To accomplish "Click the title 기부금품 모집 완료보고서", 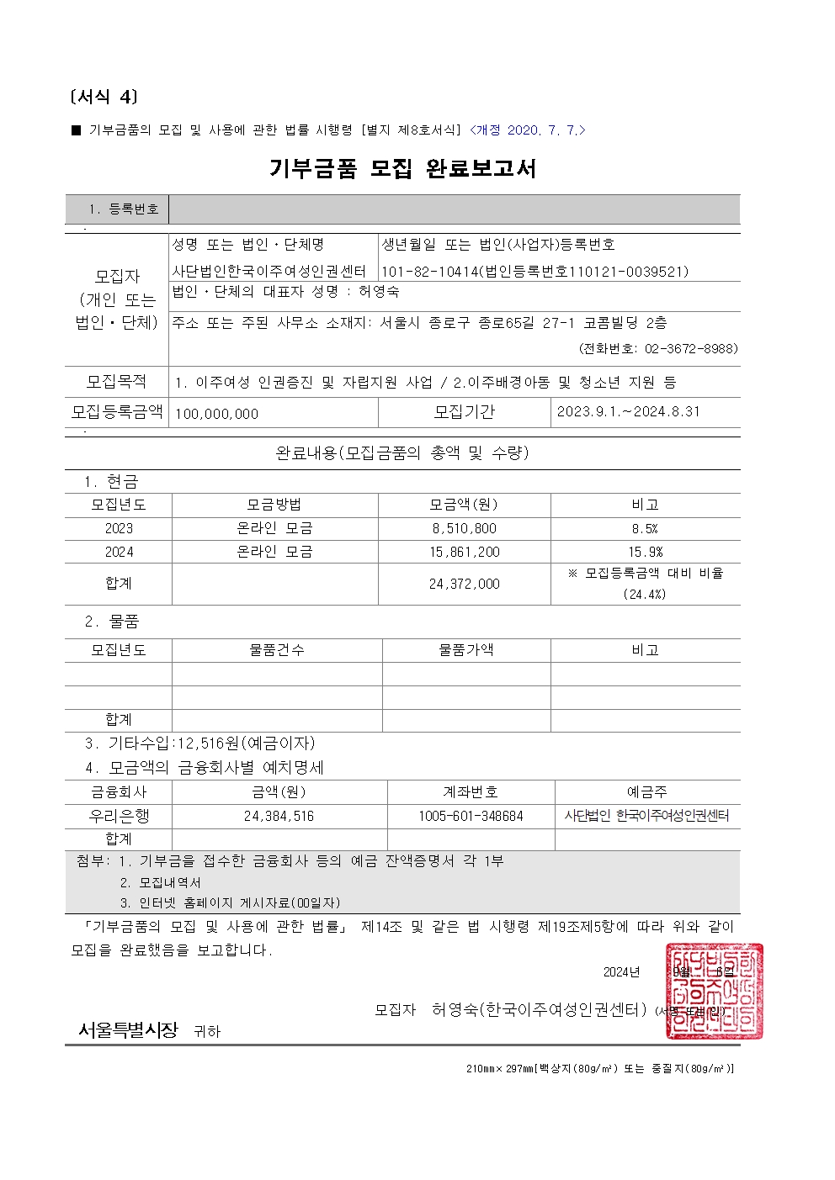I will pyautogui.click(x=402, y=169).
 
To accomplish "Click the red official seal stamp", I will pyautogui.click(x=714, y=991).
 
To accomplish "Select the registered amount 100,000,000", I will pyautogui.click(x=217, y=414).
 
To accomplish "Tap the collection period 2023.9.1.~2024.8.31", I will pyautogui.click(x=628, y=412).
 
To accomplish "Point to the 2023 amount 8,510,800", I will pyautogui.click(x=464, y=529).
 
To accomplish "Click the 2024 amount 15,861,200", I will pyautogui.click(x=464, y=553).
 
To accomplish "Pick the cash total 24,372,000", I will pyautogui.click(x=464, y=584).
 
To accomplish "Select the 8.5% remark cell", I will pyautogui.click(x=645, y=529).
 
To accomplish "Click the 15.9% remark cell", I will pyautogui.click(x=645, y=553).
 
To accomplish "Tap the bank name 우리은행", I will pyautogui.click(x=119, y=816).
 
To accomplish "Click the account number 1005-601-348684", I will pyautogui.click(x=471, y=816).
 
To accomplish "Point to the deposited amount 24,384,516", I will pyautogui.click(x=279, y=816).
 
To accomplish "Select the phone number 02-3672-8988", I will pyautogui.click(x=691, y=348).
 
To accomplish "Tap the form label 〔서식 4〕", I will pyautogui.click(x=103, y=98).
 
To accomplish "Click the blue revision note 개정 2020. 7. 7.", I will pyautogui.click(x=528, y=130).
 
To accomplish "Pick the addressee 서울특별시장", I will pyautogui.click(x=128, y=1029).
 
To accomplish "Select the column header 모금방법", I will pyautogui.click(x=274, y=505).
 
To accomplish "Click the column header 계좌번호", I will pyautogui.click(x=471, y=792).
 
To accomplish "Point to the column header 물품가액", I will pyautogui.click(x=466, y=650).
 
